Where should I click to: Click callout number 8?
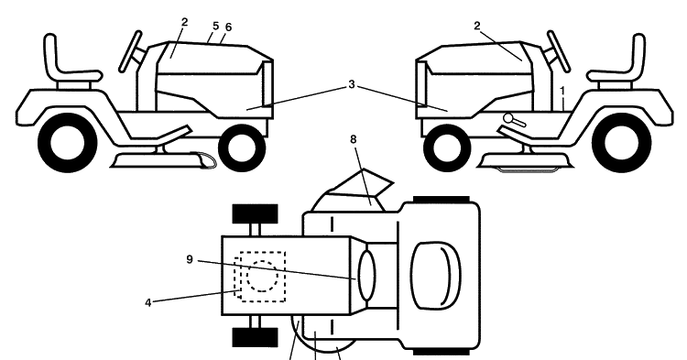click(x=354, y=139)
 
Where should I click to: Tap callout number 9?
click(x=190, y=260)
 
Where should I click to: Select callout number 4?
click(x=148, y=302)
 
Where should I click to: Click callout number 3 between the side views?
click(x=352, y=84)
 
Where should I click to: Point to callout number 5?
click(x=215, y=26)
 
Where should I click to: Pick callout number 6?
click(x=228, y=27)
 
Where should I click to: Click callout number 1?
click(x=562, y=91)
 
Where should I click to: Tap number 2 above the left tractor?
click(x=184, y=22)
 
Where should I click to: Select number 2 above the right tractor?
click(x=477, y=26)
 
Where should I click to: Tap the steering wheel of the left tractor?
click(x=131, y=51)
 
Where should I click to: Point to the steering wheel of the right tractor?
click(x=558, y=51)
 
